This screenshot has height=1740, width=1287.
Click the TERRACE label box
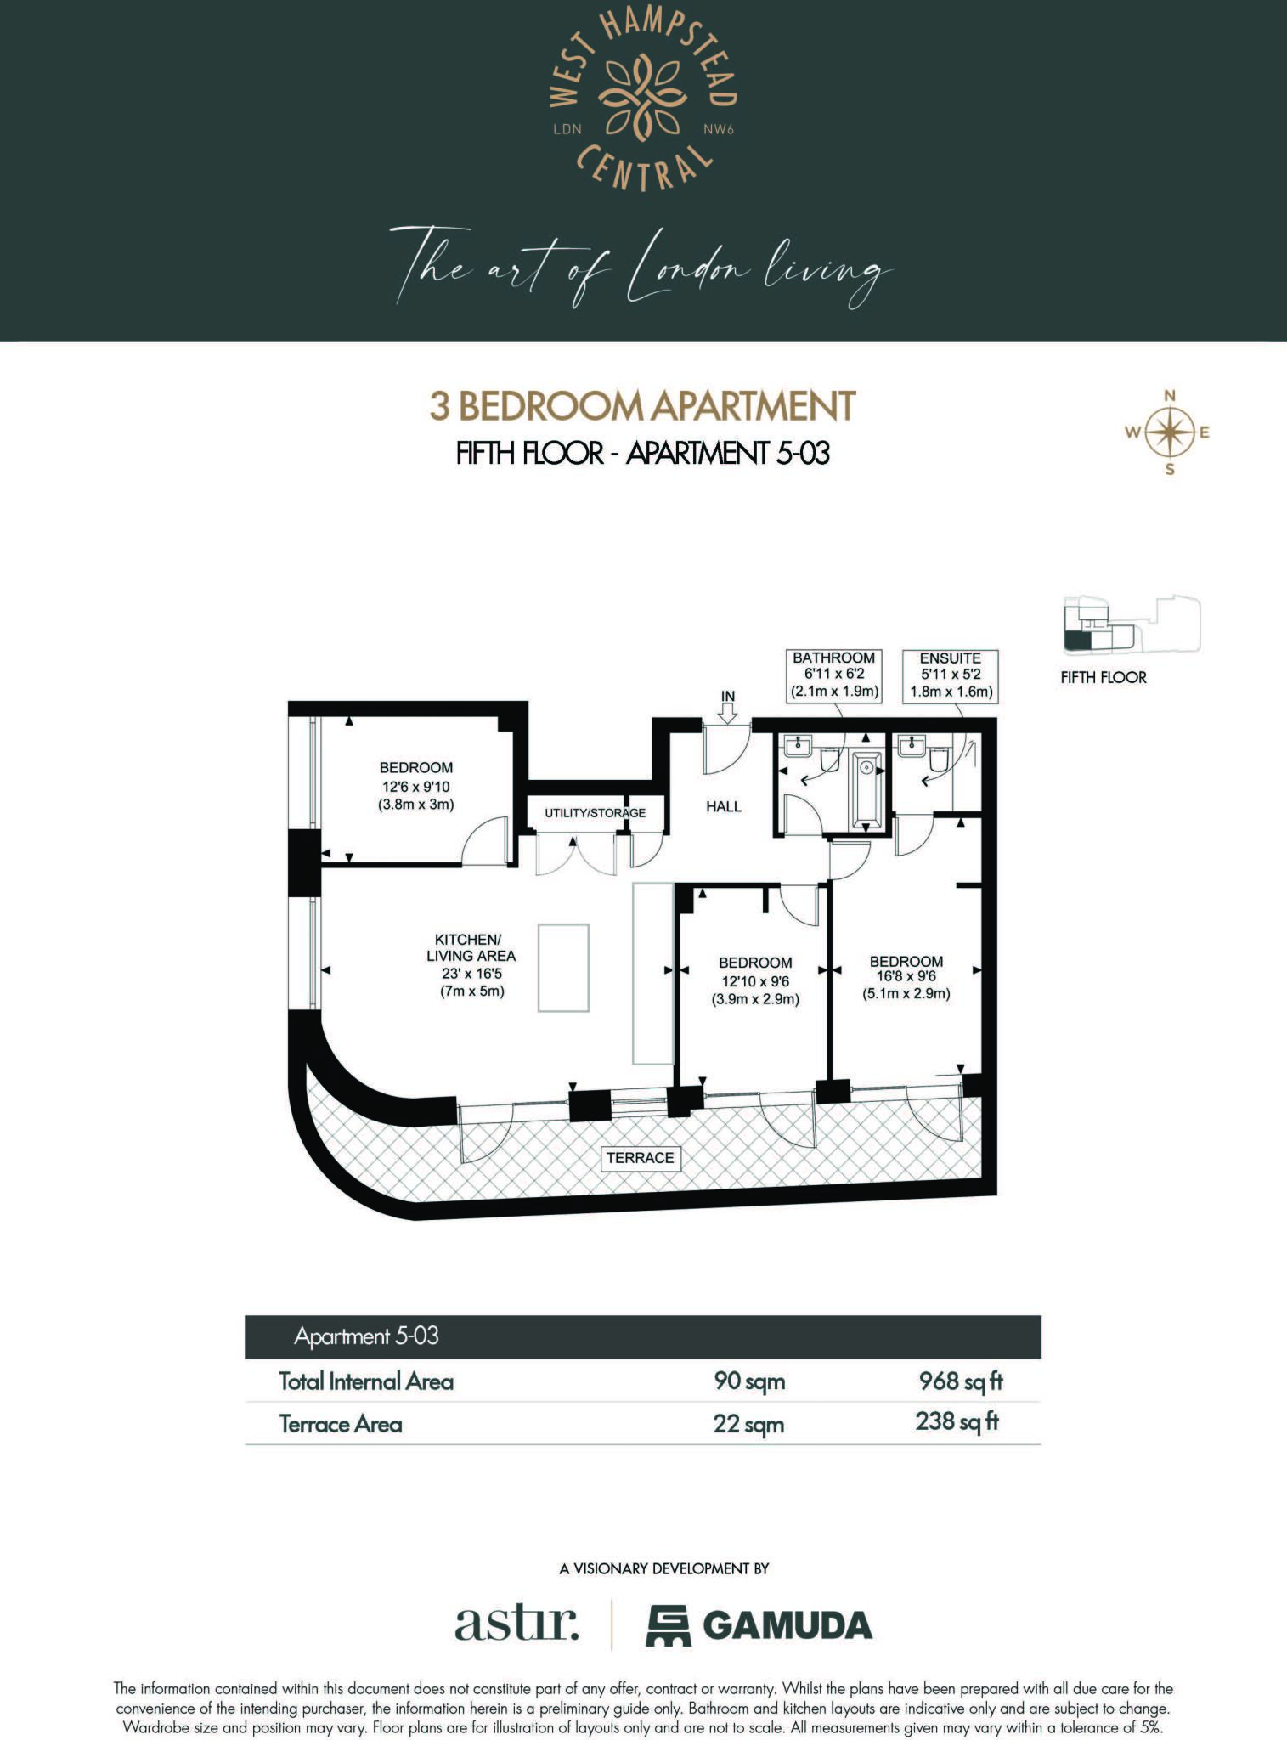pyautogui.click(x=640, y=1158)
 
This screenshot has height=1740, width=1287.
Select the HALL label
pyautogui.click(x=724, y=806)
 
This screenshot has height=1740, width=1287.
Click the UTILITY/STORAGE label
pyautogui.click(x=595, y=813)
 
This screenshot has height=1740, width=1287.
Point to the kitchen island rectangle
pyautogui.click(x=563, y=968)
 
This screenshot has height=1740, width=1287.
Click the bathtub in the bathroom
pyautogui.click(x=866, y=789)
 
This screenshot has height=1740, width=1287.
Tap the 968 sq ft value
pyautogui.click(x=961, y=1381)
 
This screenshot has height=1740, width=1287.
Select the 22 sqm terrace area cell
pyautogui.click(x=748, y=1423)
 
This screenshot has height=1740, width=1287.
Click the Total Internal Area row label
pyautogui.click(x=366, y=1381)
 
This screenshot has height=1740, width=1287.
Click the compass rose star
pyautogui.click(x=1170, y=432)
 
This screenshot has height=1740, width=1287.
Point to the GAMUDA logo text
pyautogui.click(x=787, y=1625)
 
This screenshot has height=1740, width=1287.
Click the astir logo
pyautogui.click(x=516, y=1623)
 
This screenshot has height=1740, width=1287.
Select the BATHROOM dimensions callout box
pyautogui.click(x=833, y=675)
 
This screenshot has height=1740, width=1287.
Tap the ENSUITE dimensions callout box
pyautogui.click(x=950, y=675)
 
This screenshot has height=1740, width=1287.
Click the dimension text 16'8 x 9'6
pyautogui.click(x=906, y=977)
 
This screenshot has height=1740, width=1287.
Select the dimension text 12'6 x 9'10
pyautogui.click(x=416, y=786)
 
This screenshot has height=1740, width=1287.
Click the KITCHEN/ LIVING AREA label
pyautogui.click(x=471, y=948)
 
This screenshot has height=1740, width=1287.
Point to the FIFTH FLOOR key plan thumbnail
pyautogui.click(x=1130, y=625)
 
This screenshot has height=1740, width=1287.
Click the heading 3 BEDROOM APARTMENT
pyautogui.click(x=642, y=406)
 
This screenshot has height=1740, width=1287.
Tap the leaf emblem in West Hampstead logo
pyautogui.click(x=642, y=96)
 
